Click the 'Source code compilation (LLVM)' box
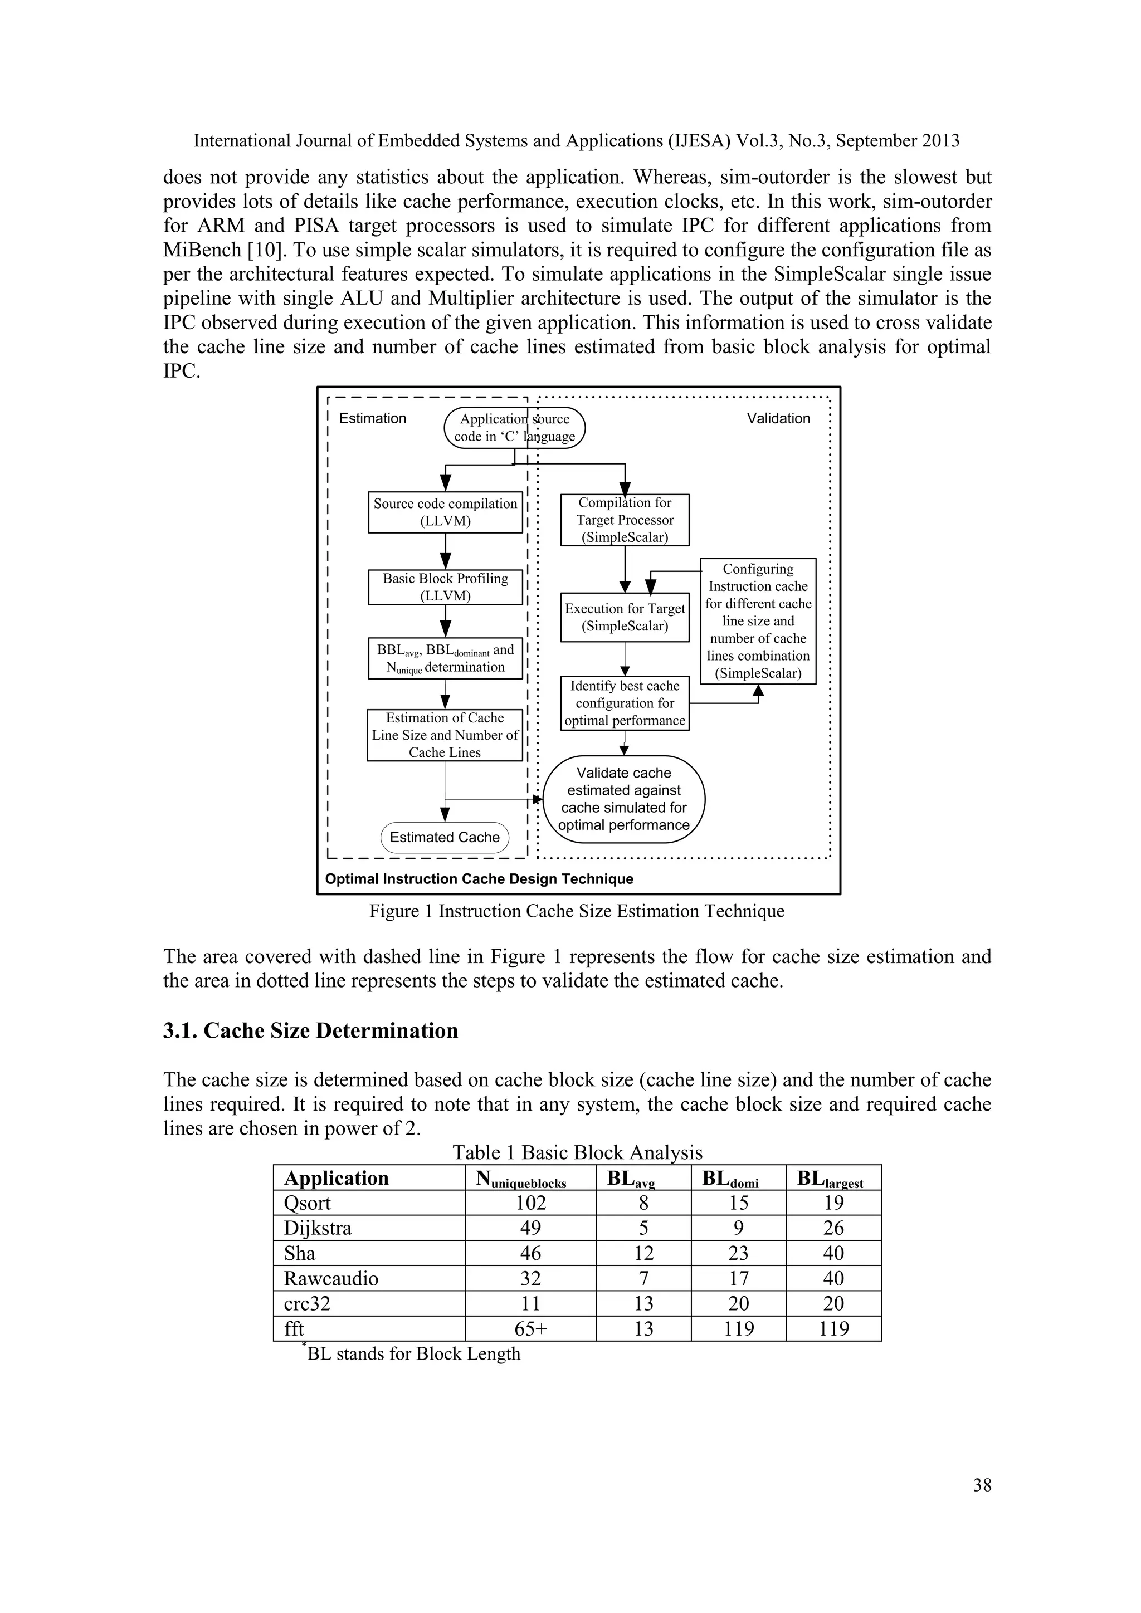coord(446,512)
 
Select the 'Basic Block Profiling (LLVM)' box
coord(446,586)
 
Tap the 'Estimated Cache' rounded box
coord(445,837)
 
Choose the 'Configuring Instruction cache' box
coord(758,621)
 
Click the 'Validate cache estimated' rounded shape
coord(624,799)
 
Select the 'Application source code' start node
coord(514,427)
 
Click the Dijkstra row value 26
coord(833,1228)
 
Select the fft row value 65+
coord(530,1328)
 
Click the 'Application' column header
coord(336,1178)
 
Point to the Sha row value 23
coord(738,1253)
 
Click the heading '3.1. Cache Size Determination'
coord(310,1030)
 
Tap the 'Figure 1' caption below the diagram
coord(577,911)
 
